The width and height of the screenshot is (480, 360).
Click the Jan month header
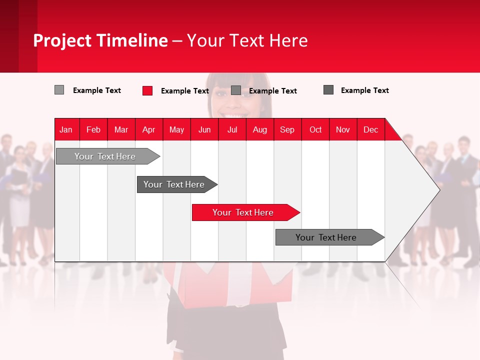[66, 129]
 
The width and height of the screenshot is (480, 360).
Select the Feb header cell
[93, 129]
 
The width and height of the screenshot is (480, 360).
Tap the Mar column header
[121, 129]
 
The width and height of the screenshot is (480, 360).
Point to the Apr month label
[149, 129]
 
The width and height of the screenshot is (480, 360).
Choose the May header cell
[176, 129]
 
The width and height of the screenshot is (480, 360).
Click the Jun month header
[204, 129]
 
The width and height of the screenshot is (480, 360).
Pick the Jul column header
[232, 129]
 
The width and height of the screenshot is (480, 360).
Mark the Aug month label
[260, 129]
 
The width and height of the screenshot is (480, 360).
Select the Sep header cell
[287, 129]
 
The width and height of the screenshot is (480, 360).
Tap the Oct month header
[315, 129]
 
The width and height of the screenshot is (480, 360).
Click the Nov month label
[343, 129]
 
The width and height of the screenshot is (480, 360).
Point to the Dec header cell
[371, 129]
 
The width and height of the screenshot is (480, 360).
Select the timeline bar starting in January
[105, 156]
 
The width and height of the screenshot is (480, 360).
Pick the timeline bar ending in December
[326, 237]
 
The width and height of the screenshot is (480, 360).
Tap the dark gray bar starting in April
[174, 184]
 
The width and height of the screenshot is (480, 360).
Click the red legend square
[147, 90]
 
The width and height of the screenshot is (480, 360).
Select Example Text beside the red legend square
[185, 91]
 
